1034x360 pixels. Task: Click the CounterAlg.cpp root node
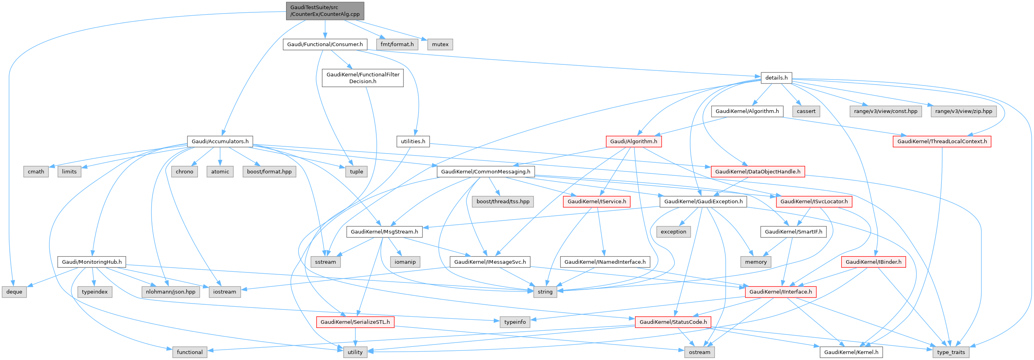click(x=325, y=11)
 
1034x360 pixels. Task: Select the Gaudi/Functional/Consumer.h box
click(x=325, y=44)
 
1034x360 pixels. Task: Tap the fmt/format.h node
click(x=397, y=44)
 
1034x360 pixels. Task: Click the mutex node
click(x=440, y=44)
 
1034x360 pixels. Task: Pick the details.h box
click(x=776, y=78)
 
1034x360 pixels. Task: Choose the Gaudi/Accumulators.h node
click(x=220, y=141)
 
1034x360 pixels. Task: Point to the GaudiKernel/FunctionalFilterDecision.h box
click(x=362, y=78)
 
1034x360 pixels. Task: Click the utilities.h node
click(x=413, y=141)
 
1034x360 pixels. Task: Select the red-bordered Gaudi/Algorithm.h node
click(x=633, y=141)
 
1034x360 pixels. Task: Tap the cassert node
click(x=806, y=111)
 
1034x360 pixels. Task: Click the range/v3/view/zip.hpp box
click(x=963, y=111)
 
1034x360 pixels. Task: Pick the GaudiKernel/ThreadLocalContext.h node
click(x=942, y=141)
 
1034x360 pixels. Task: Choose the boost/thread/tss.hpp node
click(x=502, y=201)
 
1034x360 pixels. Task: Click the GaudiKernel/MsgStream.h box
click(x=384, y=232)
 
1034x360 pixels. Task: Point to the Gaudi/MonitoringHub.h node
click(x=92, y=262)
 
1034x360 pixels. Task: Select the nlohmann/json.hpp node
click(x=171, y=292)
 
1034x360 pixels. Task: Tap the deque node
click(x=14, y=292)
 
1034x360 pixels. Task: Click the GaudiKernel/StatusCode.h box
click(x=673, y=322)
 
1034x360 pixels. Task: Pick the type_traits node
click(x=951, y=352)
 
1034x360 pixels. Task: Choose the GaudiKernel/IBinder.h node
click(x=873, y=262)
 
